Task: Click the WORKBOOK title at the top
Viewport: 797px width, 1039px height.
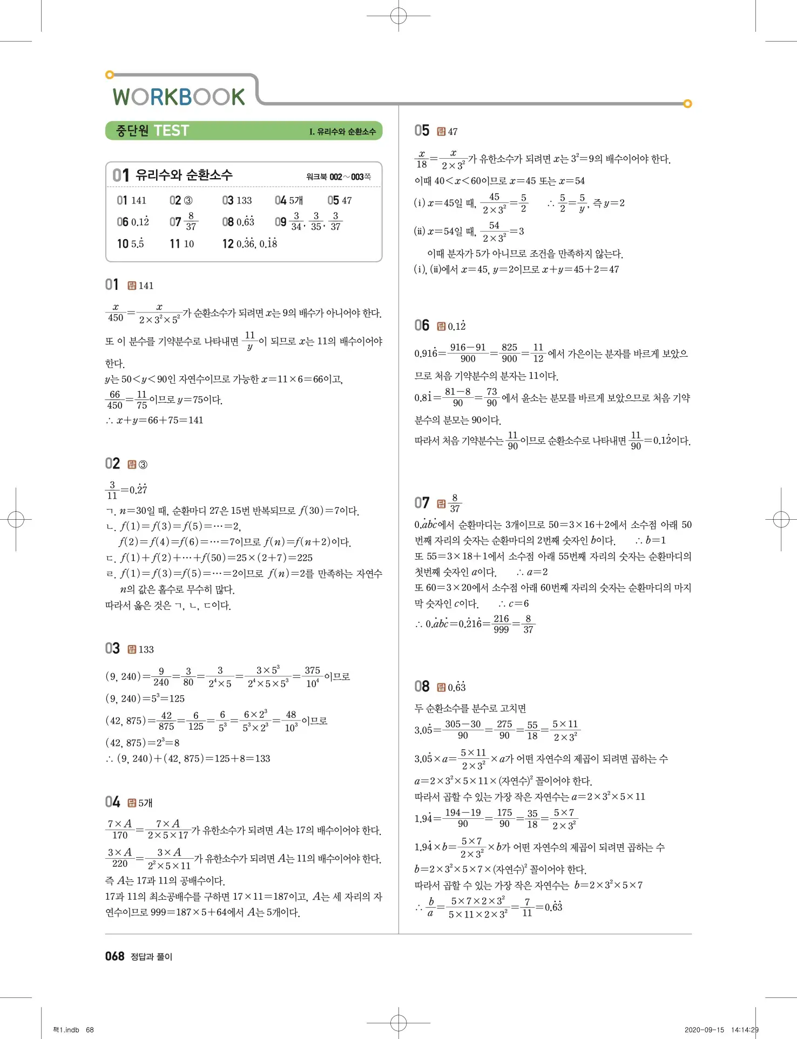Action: (179, 97)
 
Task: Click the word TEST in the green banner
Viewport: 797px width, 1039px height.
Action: (171, 131)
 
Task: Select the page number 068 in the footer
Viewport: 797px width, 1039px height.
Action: (114, 956)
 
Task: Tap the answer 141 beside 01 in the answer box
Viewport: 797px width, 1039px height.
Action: (139, 201)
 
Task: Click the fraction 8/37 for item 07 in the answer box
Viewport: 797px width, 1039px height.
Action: (191, 222)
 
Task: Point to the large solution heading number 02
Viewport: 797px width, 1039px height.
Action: (112, 464)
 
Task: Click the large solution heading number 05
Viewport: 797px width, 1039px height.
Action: (422, 131)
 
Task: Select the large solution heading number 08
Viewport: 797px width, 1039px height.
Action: (422, 687)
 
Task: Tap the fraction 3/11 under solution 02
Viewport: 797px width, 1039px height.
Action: (112, 490)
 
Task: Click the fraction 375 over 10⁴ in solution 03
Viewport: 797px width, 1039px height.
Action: (312, 676)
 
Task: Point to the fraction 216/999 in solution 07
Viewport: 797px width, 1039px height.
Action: (501, 624)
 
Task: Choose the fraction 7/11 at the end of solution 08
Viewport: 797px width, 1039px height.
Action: (527, 907)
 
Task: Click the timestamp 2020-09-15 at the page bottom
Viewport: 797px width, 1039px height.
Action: (704, 1030)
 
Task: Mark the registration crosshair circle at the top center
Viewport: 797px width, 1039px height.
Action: (398, 16)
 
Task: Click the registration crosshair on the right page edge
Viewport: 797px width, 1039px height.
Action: (781, 520)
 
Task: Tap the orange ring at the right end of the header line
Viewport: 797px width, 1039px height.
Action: (687, 104)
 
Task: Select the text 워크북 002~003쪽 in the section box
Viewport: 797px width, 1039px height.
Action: (339, 176)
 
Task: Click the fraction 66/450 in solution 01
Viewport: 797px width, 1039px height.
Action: (115, 400)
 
